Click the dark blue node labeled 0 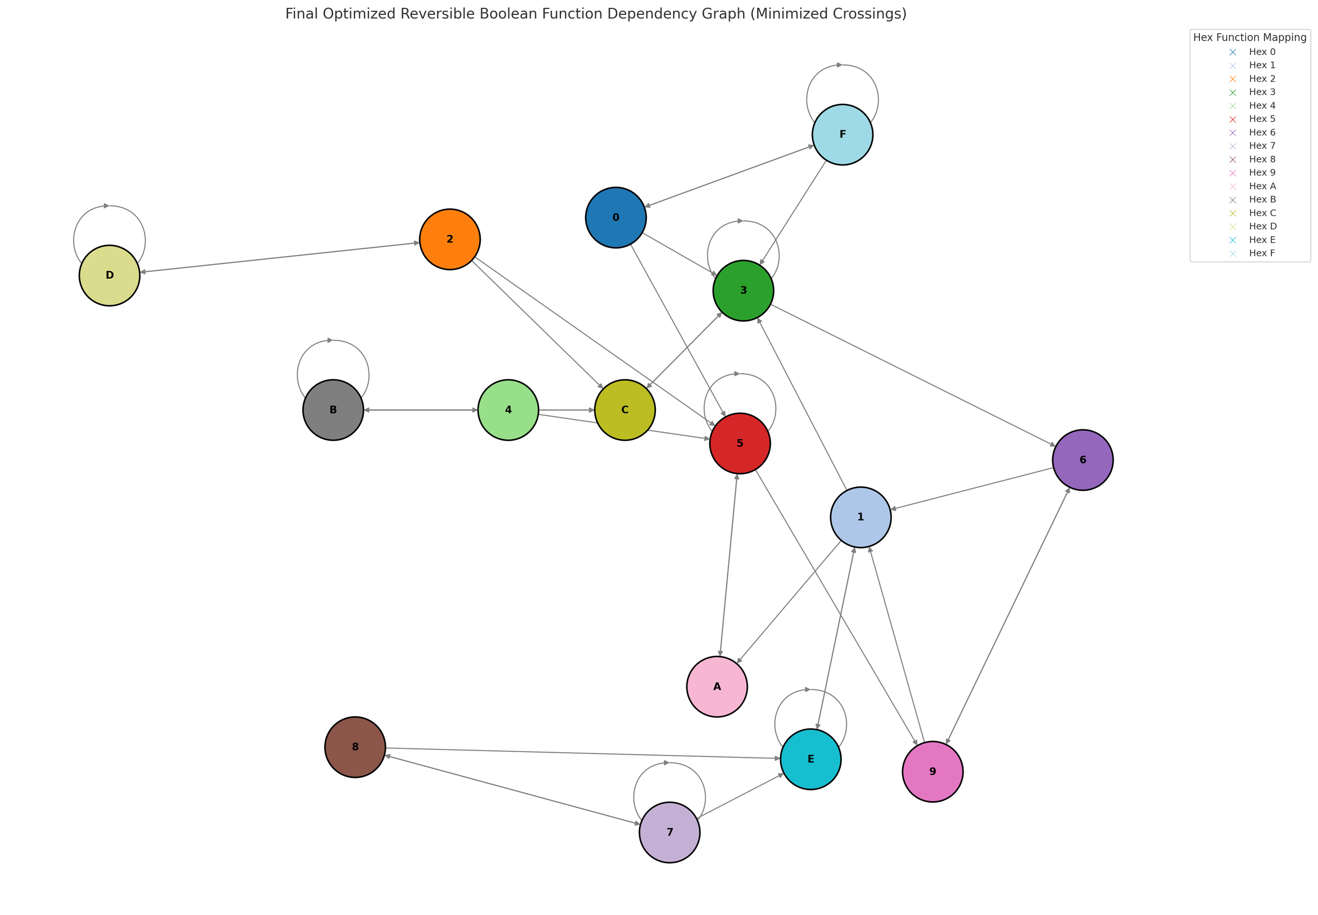615,217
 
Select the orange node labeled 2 450,239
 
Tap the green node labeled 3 743,290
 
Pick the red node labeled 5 740,443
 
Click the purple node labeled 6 1082,460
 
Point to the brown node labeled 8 355,747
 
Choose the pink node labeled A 716,686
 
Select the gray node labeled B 333,410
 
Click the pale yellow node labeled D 110,275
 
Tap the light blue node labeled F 842,134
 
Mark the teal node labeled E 810,759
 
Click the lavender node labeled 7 669,832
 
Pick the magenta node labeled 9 932,771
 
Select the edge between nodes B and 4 421,410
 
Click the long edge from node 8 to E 582,753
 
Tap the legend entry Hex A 1262,186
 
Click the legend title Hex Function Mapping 1249,37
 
